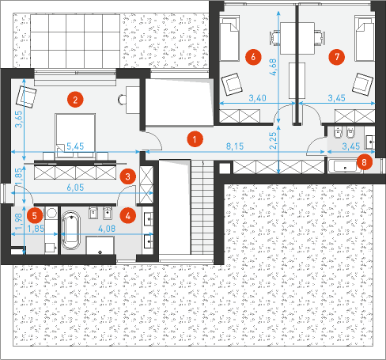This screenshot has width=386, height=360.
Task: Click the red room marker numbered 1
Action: pyautogui.click(x=195, y=139)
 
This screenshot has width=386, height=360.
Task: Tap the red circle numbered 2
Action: pyautogui.click(x=75, y=100)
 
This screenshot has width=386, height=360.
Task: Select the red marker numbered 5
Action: pyautogui.click(x=35, y=216)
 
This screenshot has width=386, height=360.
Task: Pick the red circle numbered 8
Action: pyautogui.click(x=365, y=162)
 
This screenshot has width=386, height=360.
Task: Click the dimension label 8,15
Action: pyautogui.click(x=235, y=146)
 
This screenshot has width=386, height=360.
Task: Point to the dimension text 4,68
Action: pyautogui.click(x=273, y=67)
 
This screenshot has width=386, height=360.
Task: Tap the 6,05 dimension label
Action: pyautogui.click(x=75, y=188)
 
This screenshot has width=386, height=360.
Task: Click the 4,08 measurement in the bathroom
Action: pyautogui.click(x=107, y=229)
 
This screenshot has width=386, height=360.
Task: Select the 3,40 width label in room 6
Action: pyautogui.click(x=257, y=98)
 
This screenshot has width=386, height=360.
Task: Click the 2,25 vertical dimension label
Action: pyautogui.click(x=273, y=141)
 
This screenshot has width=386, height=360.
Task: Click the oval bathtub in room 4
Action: pyautogui.click(x=71, y=230)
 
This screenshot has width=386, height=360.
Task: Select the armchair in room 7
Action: pyautogui.click(x=363, y=84)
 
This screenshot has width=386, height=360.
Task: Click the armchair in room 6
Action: pyautogui.click(x=232, y=84)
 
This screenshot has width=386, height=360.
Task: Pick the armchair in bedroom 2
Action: pyautogui.click(x=26, y=97)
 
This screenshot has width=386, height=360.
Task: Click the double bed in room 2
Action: pyautogui.click(x=75, y=136)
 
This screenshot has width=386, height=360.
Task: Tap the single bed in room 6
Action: pyautogui.click(x=229, y=38)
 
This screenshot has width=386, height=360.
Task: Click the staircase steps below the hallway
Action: pyautogui.click(x=202, y=207)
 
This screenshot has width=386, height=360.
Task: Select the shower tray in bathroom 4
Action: pyautogui.click(x=100, y=245)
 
